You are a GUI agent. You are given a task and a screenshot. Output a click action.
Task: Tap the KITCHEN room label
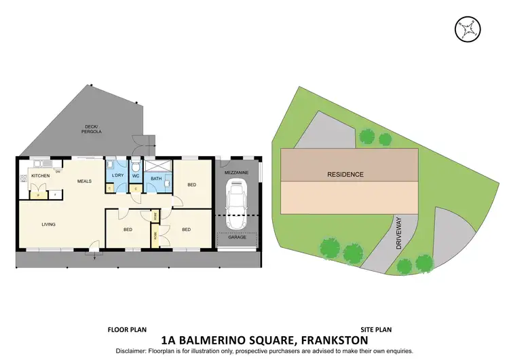pyautogui.click(x=40, y=176)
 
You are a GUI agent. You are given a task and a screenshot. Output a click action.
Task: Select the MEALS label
pyautogui.click(x=84, y=181)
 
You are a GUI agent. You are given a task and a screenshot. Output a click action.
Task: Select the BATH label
pyautogui.click(x=155, y=179)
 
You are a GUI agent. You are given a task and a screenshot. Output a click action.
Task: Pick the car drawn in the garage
pyautogui.click(x=237, y=206)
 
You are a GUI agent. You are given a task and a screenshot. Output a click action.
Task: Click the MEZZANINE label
pyautogui.click(x=237, y=173)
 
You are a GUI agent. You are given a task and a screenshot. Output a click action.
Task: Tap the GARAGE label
pyautogui.click(x=237, y=238)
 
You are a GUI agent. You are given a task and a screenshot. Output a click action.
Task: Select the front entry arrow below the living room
pyautogui.click(x=93, y=255)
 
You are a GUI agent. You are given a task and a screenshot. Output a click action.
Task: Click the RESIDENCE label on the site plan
pyautogui.click(x=345, y=175)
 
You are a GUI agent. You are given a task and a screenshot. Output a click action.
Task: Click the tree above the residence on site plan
pyautogui.click(x=367, y=137)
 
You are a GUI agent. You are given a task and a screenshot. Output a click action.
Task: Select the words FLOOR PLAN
pyautogui.click(x=126, y=329)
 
